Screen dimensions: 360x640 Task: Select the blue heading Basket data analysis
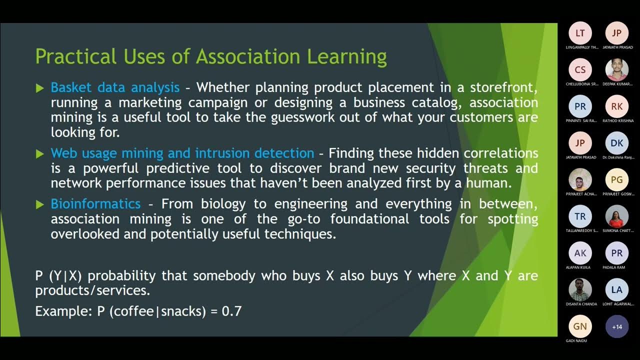115,87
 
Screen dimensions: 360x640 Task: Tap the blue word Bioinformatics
95,204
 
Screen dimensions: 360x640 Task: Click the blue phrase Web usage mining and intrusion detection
182,153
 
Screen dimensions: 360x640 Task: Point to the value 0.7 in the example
231,311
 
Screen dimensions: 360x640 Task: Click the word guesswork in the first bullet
307,118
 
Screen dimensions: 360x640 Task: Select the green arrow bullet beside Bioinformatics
40,204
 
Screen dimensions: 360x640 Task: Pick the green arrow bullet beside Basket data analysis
40,88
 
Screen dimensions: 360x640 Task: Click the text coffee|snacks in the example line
157,311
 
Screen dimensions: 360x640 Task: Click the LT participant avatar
580,33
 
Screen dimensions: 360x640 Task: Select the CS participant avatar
580,70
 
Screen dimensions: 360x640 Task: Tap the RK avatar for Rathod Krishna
617,106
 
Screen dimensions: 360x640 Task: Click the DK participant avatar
617,143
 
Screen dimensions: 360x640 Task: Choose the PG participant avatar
617,180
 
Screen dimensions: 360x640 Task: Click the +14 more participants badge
617,326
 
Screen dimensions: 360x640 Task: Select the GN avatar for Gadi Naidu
580,326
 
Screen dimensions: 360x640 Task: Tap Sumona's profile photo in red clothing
617,216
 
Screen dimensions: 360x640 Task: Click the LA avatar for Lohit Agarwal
617,290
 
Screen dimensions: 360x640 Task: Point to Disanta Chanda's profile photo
580,290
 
